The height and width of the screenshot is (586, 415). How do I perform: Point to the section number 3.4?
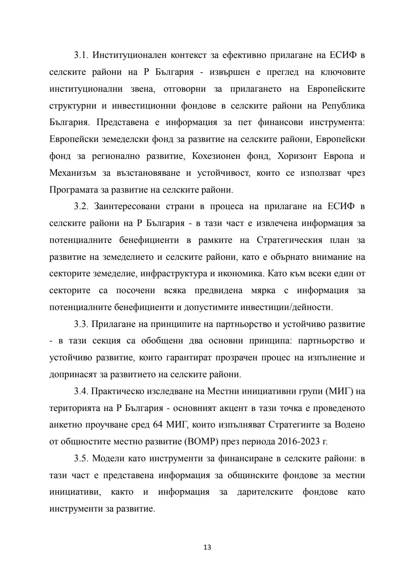[x=81, y=391]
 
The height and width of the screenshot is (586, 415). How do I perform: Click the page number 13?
[x=207, y=547]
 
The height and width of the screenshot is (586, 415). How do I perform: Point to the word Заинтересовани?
[x=127, y=206]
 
